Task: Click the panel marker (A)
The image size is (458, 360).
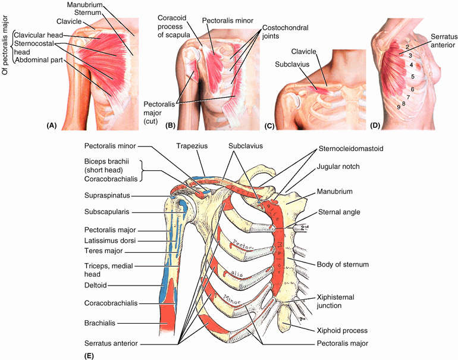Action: point(51,126)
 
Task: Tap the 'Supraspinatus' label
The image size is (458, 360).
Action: point(107,195)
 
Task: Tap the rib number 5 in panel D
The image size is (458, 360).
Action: point(412,77)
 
